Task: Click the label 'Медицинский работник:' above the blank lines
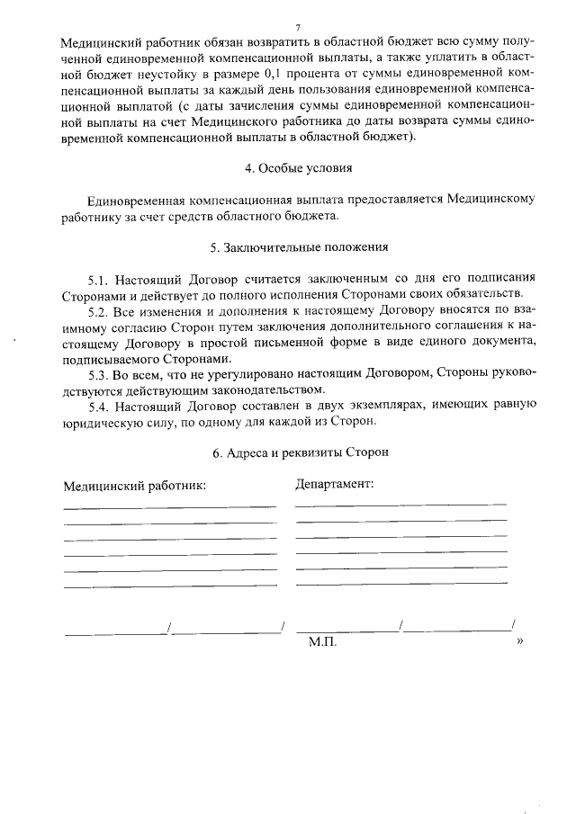pyautogui.click(x=134, y=486)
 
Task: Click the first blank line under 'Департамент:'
pyautogui.click(x=400, y=504)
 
